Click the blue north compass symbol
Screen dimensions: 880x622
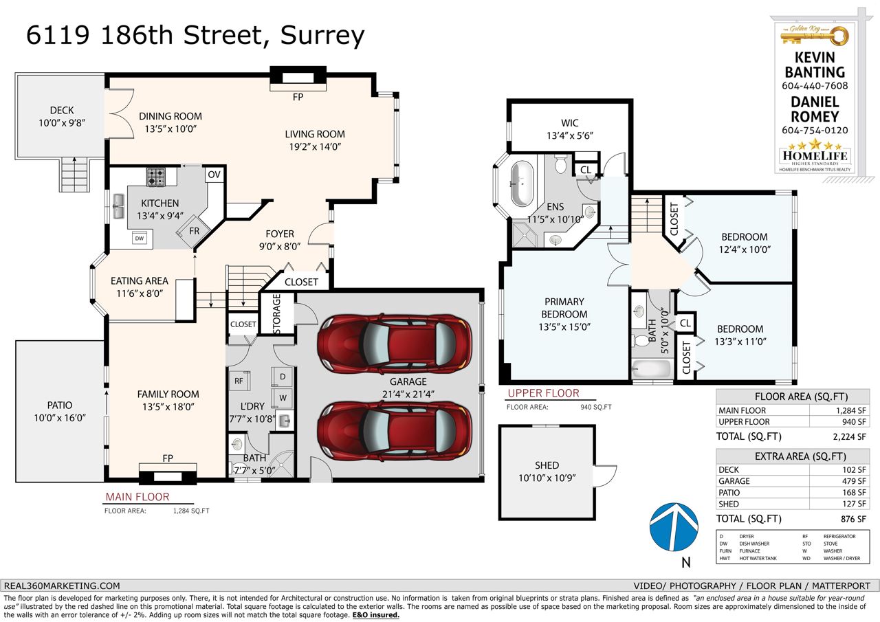pyautogui.click(x=674, y=527)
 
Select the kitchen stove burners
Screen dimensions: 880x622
pyautogui.click(x=156, y=177)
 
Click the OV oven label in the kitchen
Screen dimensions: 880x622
pyautogui.click(x=214, y=175)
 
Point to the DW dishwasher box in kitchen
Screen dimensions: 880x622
pyautogui.click(x=140, y=238)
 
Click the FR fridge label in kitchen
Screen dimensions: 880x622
pyautogui.click(x=194, y=231)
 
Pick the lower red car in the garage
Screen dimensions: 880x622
pyautogui.click(x=395, y=432)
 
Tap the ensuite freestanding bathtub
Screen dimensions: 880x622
pyautogui.click(x=522, y=184)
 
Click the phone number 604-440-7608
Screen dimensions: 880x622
pyautogui.click(x=815, y=86)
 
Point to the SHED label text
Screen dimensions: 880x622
pyautogui.click(x=547, y=465)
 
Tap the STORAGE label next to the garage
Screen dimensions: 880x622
pyautogui.click(x=276, y=313)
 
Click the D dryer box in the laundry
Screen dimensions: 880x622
pyautogui.click(x=283, y=377)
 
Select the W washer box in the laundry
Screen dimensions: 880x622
pyautogui.click(x=283, y=398)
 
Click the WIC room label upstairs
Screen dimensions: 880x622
pyautogui.click(x=570, y=123)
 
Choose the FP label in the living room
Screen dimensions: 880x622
pyautogui.click(x=298, y=97)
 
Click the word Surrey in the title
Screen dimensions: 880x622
pyautogui.click(x=322, y=36)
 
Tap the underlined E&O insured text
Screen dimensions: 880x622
pyautogui.click(x=375, y=615)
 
